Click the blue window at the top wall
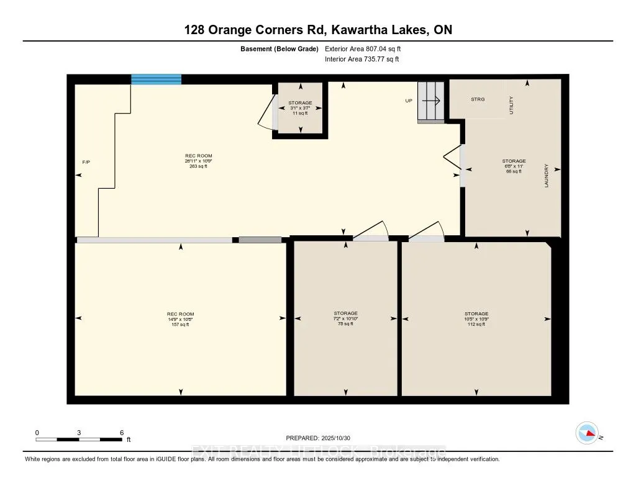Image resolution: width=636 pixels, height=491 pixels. coord(156,79)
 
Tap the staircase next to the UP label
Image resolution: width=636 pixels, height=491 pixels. coord(430,101)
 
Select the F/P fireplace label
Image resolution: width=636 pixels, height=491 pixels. coord(86,162)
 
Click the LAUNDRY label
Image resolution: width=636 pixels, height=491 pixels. coord(547,176)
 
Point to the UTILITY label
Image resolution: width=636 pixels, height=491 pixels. coord(511,105)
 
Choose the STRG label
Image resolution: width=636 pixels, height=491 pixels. coord(478,99)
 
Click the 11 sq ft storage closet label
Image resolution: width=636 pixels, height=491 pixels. coord(300,108)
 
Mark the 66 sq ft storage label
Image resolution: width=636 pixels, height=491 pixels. coord(514,166)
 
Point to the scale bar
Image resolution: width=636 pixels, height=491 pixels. coord(79,439)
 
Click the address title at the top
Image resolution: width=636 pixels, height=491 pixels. coord(318,30)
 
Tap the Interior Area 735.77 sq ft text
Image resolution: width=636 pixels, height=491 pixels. coord(361,60)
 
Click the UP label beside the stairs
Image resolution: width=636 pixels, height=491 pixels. coord(409,101)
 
